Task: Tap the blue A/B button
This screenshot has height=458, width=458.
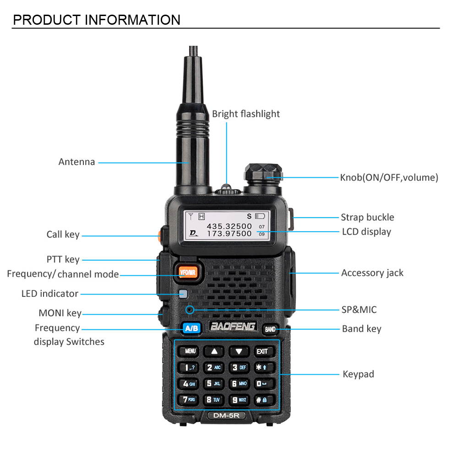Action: coord(191,328)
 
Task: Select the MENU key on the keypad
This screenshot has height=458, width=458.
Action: coord(190,351)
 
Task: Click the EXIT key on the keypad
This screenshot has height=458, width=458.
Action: coord(262,351)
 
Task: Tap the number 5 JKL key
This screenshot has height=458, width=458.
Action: coord(214,383)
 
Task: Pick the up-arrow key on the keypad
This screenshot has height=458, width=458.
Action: coord(214,351)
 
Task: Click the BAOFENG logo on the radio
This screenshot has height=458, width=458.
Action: coord(233,327)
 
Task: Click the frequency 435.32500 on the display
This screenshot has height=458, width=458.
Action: coord(229,226)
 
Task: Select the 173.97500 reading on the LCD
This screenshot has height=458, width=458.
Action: coord(229,234)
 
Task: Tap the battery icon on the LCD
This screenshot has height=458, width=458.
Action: coord(260,216)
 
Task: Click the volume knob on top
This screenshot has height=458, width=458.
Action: coord(262,174)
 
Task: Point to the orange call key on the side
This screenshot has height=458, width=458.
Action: coord(159,235)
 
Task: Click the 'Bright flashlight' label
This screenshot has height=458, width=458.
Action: coord(245,114)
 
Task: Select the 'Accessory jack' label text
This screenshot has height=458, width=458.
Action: coord(372,273)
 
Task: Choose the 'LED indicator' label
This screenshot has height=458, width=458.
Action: coord(50,294)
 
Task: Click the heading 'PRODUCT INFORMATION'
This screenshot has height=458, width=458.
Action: coord(97,20)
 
